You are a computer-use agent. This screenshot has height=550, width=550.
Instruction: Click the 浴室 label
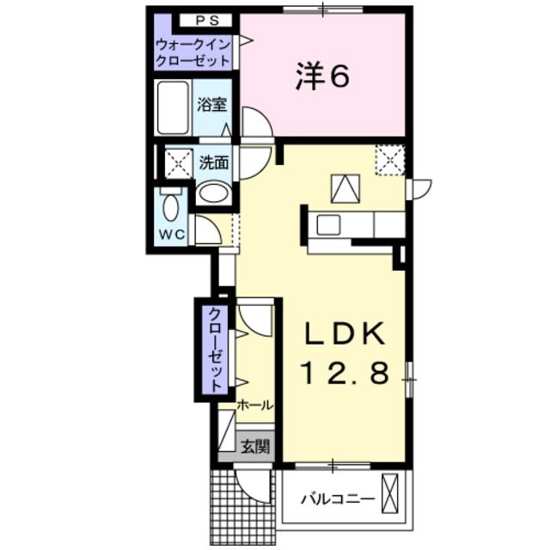coord(211,107)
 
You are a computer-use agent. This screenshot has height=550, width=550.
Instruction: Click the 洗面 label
coord(214,162)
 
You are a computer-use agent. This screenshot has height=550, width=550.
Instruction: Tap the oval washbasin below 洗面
coord(212,194)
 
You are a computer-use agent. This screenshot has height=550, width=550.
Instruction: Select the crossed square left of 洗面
coord(178,162)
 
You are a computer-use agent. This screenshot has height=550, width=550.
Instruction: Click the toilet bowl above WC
coord(170,205)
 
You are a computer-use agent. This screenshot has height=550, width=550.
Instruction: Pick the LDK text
coord(345,335)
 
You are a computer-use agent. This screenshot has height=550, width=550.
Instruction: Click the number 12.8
coord(345,373)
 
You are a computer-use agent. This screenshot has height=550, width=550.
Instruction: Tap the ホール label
coord(255,405)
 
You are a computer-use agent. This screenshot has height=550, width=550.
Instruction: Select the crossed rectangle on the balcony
coord(392,493)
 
